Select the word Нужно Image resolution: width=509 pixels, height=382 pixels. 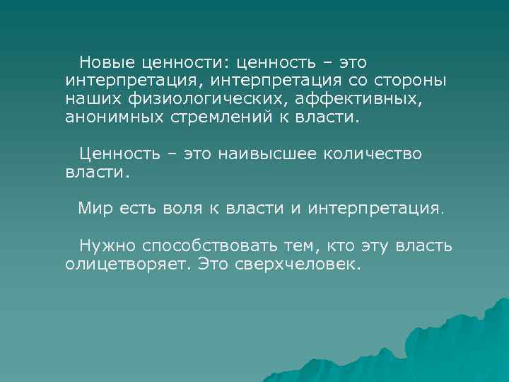coord(107,245)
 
